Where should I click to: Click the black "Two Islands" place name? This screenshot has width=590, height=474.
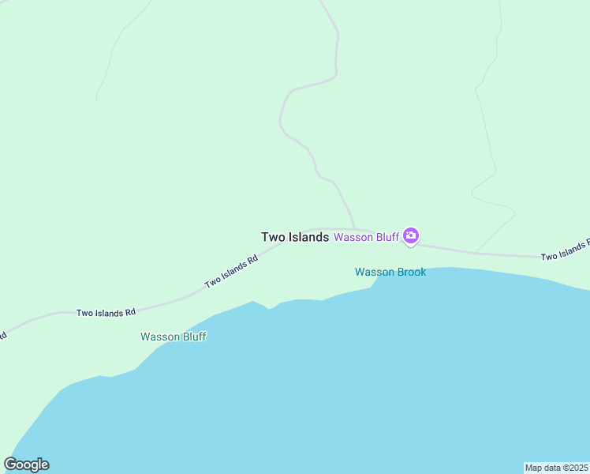[x=294, y=237]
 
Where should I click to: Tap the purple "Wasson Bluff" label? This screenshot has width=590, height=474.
[x=366, y=237]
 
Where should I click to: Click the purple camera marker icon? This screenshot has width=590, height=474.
[x=411, y=235]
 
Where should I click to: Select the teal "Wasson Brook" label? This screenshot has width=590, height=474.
[x=390, y=272]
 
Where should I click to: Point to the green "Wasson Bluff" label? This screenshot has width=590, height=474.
[x=174, y=337]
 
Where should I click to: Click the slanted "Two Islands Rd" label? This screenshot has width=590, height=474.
[x=231, y=271]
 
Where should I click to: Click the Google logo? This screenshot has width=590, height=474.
[x=27, y=465]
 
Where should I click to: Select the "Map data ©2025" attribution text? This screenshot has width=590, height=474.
[x=556, y=468]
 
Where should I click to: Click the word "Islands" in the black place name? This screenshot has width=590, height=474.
[x=308, y=237]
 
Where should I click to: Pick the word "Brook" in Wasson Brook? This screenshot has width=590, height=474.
[x=410, y=272]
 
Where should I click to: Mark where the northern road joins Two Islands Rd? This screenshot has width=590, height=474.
[x=355, y=229]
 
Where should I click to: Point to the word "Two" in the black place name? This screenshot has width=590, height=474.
[x=272, y=237]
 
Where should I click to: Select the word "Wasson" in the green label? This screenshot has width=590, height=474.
[x=159, y=337]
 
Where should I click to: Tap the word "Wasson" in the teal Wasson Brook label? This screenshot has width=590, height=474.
[x=373, y=272]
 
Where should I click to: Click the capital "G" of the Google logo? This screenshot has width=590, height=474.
[x=11, y=464]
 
